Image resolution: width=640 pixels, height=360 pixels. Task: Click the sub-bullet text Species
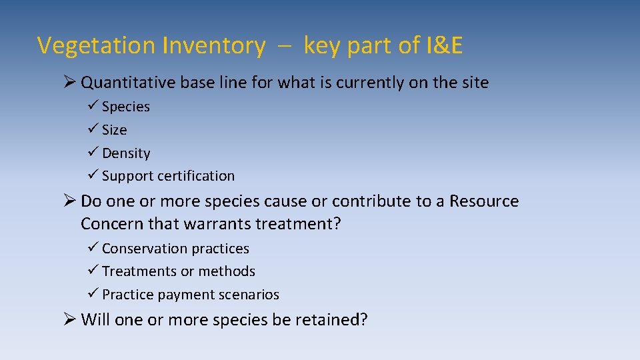[x=126, y=107]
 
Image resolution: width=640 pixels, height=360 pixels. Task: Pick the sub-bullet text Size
[x=115, y=130]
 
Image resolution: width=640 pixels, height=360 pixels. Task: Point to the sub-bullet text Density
[x=126, y=153]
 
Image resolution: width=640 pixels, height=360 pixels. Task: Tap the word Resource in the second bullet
[x=484, y=201]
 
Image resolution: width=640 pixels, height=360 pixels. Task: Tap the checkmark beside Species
[x=92, y=106]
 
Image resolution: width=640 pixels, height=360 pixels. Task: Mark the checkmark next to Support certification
[x=92, y=175]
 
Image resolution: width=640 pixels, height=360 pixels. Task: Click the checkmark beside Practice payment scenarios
[x=92, y=294]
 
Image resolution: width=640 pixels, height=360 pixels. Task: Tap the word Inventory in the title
[x=213, y=45]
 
